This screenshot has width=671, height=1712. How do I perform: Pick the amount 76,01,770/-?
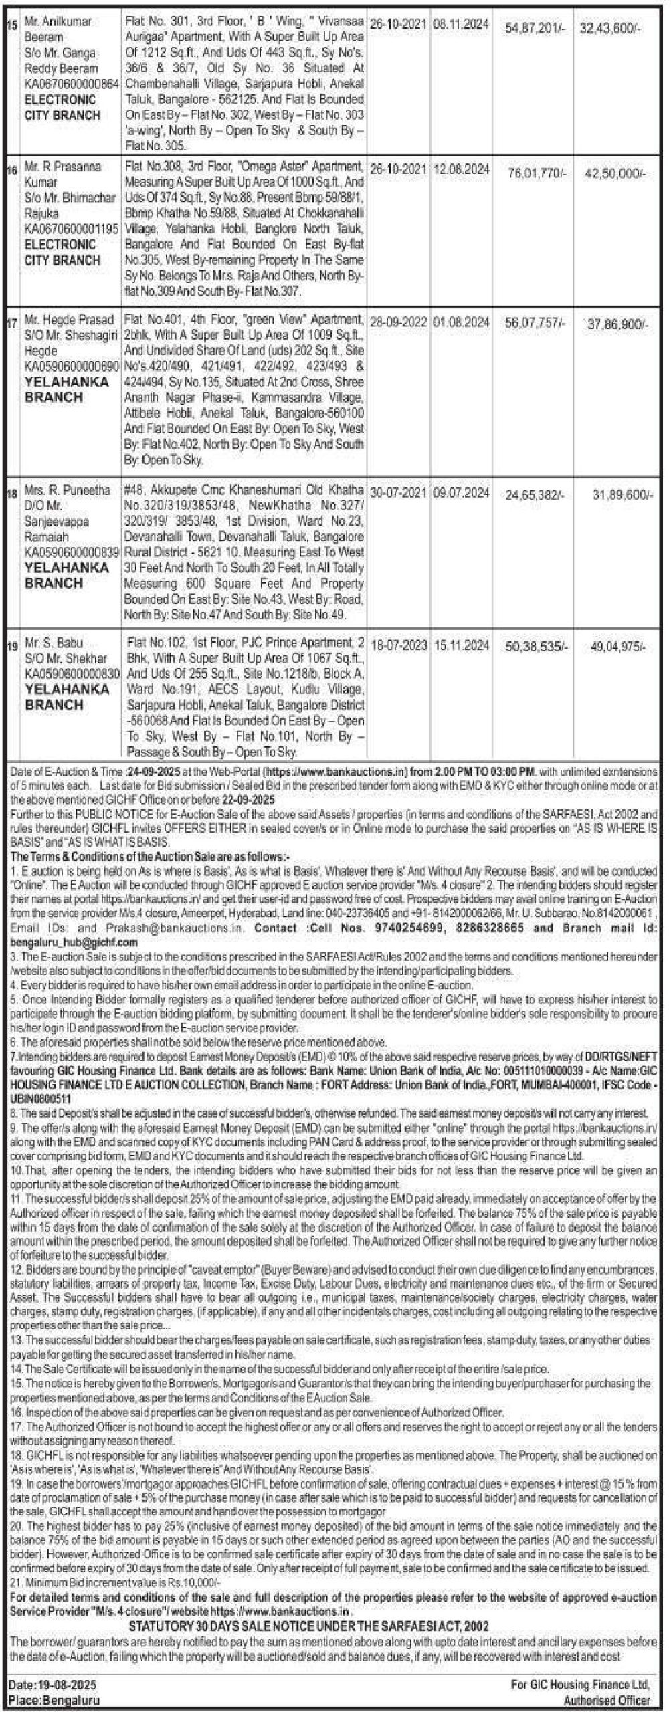[537, 173]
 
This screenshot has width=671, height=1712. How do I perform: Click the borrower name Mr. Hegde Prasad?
[69, 319]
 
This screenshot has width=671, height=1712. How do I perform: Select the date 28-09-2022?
[398, 322]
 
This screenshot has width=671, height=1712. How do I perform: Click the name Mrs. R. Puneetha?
[68, 490]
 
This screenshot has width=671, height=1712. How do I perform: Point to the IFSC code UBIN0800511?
[41, 1098]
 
